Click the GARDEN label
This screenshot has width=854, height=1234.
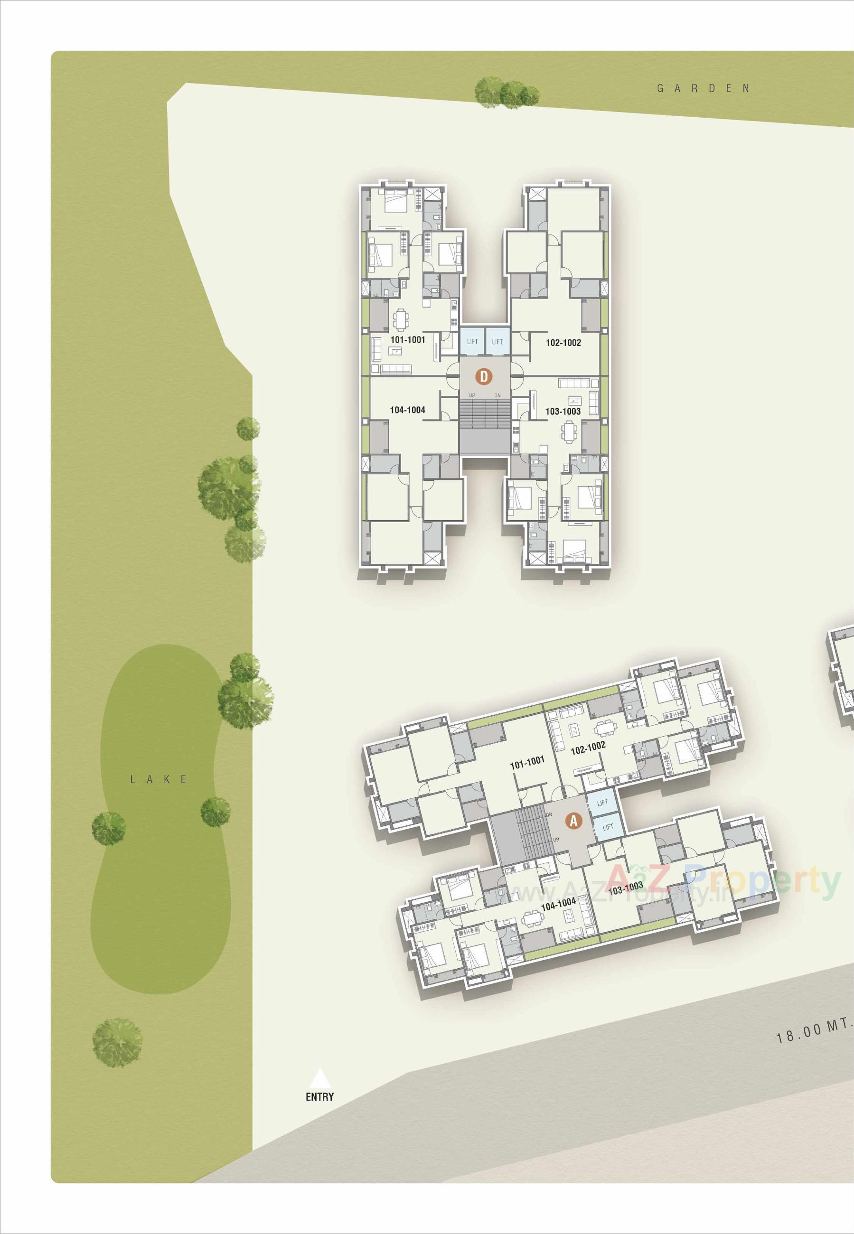tap(703, 88)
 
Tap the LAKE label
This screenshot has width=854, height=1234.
tap(159, 779)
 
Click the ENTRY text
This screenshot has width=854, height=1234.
tap(319, 1096)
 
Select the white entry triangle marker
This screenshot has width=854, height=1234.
tap(319, 1078)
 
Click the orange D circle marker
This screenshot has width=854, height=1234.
tap(484, 376)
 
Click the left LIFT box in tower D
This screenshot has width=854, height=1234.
tap(472, 341)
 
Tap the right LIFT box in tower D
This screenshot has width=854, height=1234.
tap(497, 341)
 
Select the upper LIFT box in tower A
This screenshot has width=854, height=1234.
tap(602, 803)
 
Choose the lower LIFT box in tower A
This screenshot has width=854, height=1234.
tap(608, 827)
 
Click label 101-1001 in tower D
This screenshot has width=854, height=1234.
tap(408, 340)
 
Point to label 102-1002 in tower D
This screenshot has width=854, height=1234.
tap(563, 342)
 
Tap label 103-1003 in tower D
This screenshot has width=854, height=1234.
tap(563, 411)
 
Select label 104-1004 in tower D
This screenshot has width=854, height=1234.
tap(407, 410)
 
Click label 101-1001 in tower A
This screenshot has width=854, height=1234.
tap(527, 762)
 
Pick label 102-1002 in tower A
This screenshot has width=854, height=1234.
tap(588, 748)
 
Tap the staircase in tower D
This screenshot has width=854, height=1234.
tap(484, 414)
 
